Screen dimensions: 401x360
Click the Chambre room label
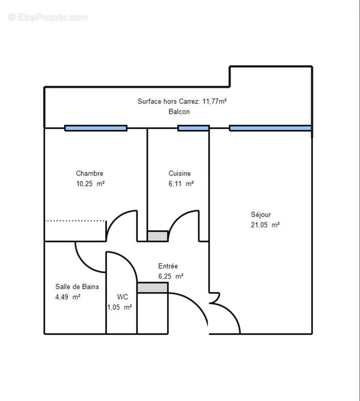[x=90, y=173]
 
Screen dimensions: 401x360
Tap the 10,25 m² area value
[x=90, y=183]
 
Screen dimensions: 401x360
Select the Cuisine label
[x=179, y=173]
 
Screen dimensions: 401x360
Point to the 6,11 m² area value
[x=181, y=183]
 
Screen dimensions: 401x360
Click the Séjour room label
[x=261, y=215]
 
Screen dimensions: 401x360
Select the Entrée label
[x=168, y=266]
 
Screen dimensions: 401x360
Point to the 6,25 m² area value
[x=171, y=276]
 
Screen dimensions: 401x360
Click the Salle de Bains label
[x=77, y=287]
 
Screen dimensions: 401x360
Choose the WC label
[x=122, y=297]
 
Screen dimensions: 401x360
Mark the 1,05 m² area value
[x=119, y=307]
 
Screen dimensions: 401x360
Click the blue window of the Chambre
[x=96, y=128]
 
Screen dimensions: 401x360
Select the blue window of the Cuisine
[x=193, y=128]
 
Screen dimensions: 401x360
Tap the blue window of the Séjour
[x=270, y=128]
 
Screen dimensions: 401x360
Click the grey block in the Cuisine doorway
[x=157, y=236]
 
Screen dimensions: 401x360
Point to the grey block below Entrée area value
[x=152, y=287]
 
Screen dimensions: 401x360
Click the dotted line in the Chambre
[x=75, y=221]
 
